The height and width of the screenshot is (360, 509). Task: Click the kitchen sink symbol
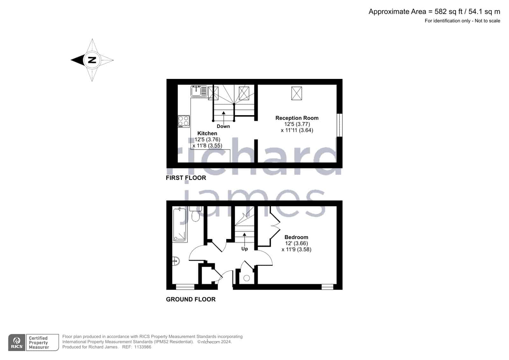[x=199, y=91]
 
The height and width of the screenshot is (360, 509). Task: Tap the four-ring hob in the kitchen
[x=184, y=121]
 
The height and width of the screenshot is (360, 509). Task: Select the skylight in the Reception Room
[x=296, y=93]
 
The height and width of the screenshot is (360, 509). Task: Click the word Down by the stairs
[x=223, y=126]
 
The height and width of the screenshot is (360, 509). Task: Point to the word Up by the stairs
[x=245, y=249]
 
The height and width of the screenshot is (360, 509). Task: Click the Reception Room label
[x=297, y=118]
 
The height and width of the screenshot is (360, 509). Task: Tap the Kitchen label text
[x=207, y=133]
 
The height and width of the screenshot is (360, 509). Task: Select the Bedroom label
[x=296, y=237]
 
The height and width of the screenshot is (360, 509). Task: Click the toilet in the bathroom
[x=195, y=214]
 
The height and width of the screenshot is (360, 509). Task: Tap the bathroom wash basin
[x=176, y=261]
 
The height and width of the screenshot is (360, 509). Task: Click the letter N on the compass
[x=92, y=60]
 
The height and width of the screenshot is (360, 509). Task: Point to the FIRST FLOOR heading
[x=186, y=178]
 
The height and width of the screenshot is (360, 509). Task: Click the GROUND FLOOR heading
[x=191, y=299]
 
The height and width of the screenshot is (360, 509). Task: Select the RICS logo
[x=17, y=342]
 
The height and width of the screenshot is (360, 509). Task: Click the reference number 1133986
[x=143, y=347]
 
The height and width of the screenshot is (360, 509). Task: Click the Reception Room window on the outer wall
[x=339, y=125]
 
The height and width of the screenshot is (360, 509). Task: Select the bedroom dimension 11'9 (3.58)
[x=296, y=250]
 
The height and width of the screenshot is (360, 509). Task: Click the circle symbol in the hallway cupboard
[x=247, y=278]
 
